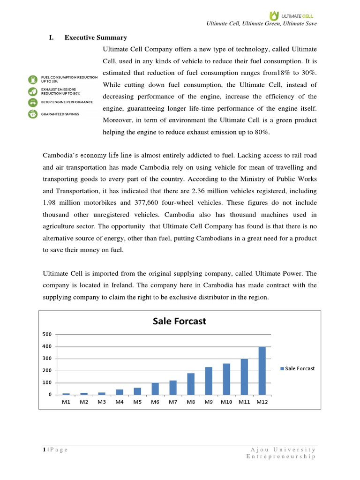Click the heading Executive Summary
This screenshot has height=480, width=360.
[96, 37]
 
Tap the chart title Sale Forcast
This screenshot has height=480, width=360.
[180, 321]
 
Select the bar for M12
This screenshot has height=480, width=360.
[262, 370]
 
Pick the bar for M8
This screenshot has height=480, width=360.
[191, 384]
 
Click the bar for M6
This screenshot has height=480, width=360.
[155, 389]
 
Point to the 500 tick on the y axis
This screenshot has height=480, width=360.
[47, 334]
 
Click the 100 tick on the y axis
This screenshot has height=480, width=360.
[47, 382]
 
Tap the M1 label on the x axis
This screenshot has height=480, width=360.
[66, 402]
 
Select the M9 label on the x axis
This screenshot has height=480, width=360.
[209, 402]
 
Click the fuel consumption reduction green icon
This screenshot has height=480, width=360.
[33, 79]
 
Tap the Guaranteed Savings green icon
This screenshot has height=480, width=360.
[33, 113]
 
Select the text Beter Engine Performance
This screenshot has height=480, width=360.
[67, 102]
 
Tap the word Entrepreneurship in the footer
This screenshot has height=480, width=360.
[281, 457]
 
